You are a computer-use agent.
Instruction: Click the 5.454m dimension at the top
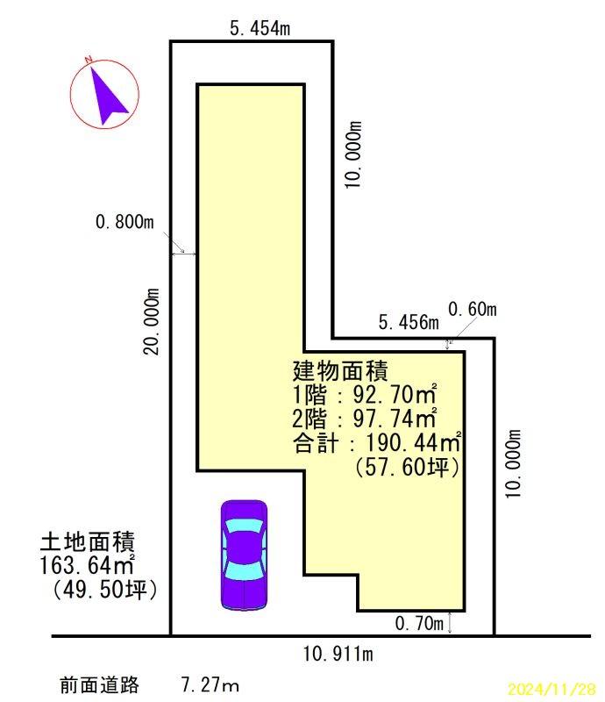click(x=260, y=28)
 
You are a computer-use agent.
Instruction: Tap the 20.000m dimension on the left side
click(x=151, y=321)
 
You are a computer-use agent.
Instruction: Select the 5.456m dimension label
click(x=409, y=322)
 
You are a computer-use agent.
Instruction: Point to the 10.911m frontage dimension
click(x=338, y=654)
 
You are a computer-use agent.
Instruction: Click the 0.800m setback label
click(x=125, y=222)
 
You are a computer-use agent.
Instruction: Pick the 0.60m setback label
click(x=472, y=309)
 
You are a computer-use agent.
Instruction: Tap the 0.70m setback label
click(x=419, y=623)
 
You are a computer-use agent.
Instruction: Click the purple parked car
click(x=245, y=555)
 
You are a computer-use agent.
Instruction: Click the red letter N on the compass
click(x=89, y=59)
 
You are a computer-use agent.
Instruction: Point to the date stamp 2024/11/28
click(x=552, y=688)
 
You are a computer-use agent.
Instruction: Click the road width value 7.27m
click(x=210, y=684)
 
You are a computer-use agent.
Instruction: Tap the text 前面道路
click(x=99, y=685)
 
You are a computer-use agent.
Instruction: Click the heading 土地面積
click(x=88, y=541)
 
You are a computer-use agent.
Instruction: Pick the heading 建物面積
click(x=340, y=370)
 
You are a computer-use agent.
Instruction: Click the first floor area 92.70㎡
click(x=395, y=394)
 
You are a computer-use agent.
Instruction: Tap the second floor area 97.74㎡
click(x=395, y=419)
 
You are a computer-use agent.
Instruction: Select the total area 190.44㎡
click(x=414, y=443)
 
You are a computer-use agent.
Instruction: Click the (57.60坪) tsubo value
click(x=407, y=467)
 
